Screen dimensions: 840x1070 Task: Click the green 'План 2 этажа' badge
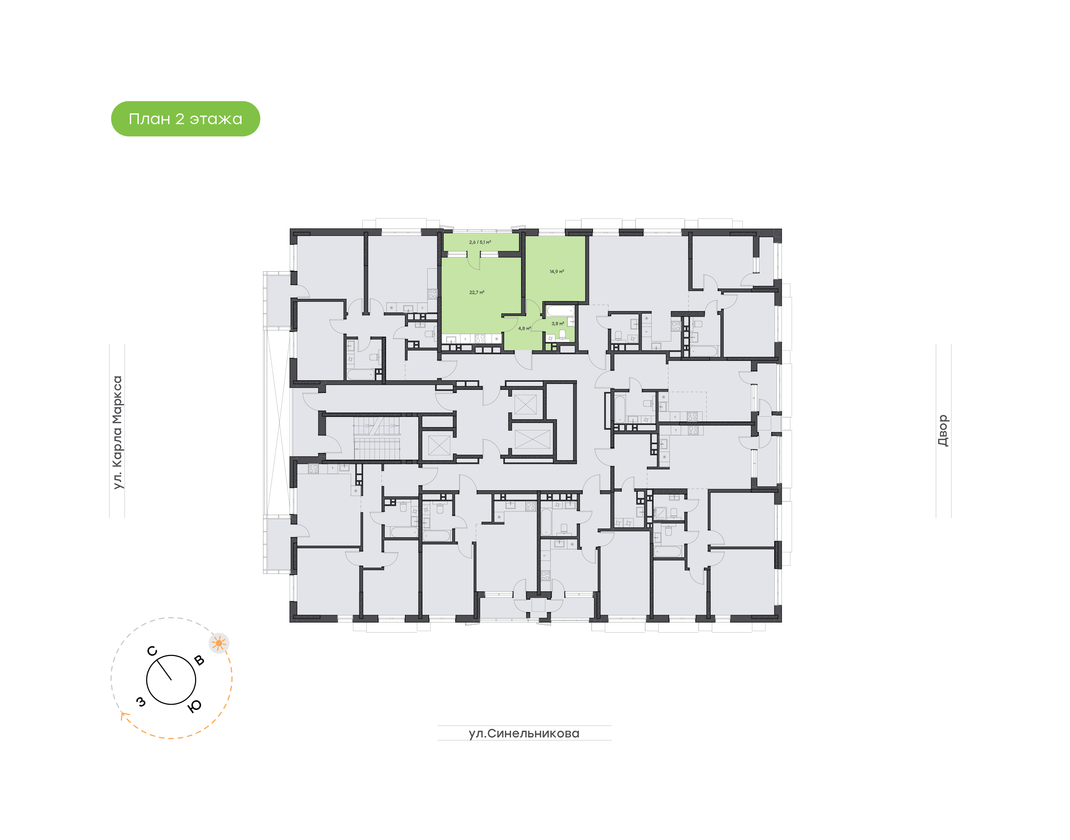point(185,119)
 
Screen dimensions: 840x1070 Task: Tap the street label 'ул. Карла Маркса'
point(117,432)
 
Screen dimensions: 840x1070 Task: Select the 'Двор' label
point(943,430)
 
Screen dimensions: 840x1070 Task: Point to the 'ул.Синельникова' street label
point(524,733)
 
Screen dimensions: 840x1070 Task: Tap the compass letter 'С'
point(152,651)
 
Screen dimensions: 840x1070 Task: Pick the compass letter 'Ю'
point(195,706)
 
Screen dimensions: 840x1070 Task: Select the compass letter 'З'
point(141,702)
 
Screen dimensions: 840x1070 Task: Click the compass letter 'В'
point(199,660)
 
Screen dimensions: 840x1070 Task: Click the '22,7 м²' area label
point(476,293)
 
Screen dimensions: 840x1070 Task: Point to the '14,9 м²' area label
point(557,271)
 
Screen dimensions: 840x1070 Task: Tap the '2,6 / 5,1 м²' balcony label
point(480,242)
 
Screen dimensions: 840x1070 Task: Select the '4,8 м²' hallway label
point(524,329)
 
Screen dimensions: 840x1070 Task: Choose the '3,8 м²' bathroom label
point(557,324)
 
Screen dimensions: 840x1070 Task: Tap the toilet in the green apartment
point(562,335)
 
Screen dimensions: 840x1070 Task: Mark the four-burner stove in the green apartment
point(480,339)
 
